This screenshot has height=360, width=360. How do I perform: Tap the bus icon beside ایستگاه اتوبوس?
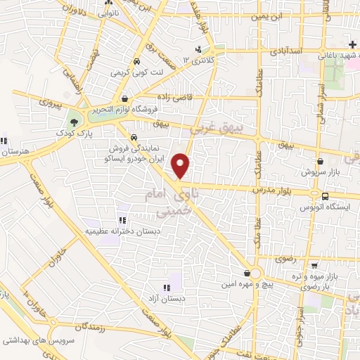click(x=326, y=176)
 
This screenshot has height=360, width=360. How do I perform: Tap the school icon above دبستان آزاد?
click(x=167, y=288)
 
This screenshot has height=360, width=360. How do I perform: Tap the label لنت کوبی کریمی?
click(x=139, y=71)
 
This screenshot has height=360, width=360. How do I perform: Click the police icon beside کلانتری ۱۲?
click(x=200, y=49)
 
